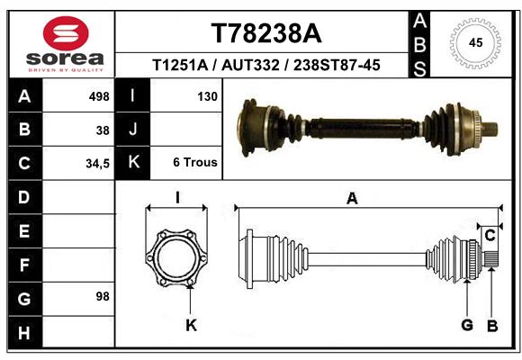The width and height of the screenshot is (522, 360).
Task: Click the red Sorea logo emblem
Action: [66, 33]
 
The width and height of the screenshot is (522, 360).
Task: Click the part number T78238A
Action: [266, 33]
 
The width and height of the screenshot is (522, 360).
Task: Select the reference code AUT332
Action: [250, 65]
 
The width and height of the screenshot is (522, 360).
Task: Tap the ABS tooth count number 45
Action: [475, 42]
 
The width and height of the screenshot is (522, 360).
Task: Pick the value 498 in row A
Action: [99, 96]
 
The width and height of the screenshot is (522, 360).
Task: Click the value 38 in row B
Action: [103, 130]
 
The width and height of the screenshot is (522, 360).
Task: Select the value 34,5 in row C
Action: [97, 164]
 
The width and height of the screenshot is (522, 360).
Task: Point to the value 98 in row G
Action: [103, 296]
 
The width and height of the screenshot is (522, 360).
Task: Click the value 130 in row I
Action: [207, 96]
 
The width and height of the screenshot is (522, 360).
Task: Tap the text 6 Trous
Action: [195, 162]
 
